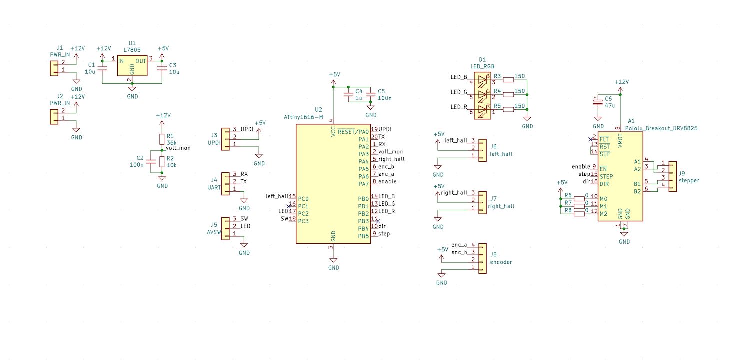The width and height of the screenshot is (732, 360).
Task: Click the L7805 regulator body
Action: tap(132, 65)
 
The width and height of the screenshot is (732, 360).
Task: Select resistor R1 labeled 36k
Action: tap(162, 139)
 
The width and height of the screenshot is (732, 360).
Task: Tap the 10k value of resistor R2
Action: tap(171, 165)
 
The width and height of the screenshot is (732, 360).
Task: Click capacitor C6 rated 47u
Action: tap(597, 102)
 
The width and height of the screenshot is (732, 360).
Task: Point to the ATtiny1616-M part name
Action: tap(303, 116)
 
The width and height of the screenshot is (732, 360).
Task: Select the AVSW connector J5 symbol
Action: tap(225, 226)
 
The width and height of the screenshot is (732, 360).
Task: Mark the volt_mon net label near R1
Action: tap(178, 148)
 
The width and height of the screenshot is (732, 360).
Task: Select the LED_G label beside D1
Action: tap(459, 92)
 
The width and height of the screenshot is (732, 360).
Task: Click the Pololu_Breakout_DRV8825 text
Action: tap(661, 128)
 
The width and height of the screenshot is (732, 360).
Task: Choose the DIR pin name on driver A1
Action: tap(606, 184)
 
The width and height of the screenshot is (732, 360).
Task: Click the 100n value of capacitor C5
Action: tap(385, 98)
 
